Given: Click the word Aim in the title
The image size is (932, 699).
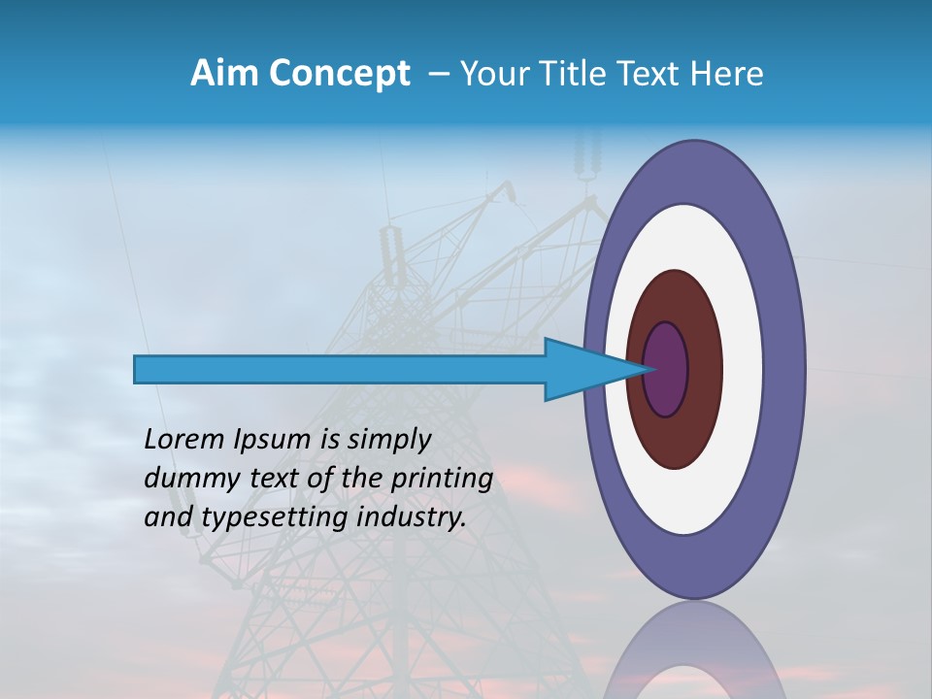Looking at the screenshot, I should (x=224, y=74).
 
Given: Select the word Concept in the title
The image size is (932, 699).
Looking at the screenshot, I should (x=338, y=75).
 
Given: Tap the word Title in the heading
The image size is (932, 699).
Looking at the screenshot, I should (x=577, y=74).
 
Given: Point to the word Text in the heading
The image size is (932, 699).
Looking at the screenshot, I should (x=650, y=74).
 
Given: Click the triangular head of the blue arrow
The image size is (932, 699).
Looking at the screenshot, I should (x=582, y=369).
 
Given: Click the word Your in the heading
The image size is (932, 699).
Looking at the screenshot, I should (x=491, y=74).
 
